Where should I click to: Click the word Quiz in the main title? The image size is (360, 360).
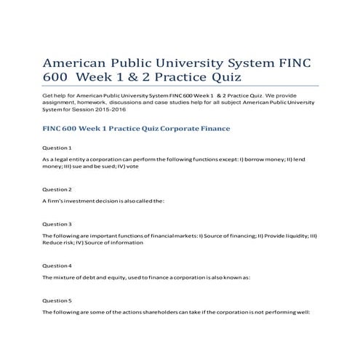pyautogui.click(x=223, y=77)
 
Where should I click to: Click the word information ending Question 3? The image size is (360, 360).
pyautogui.click(x=127, y=243)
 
